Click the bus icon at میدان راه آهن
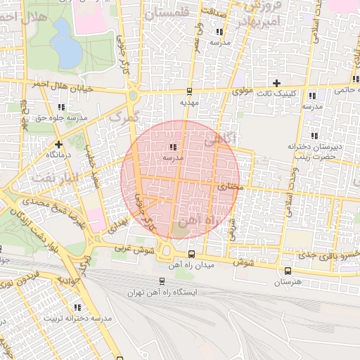click(x=192, y=254)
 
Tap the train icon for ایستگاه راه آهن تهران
click(x=162, y=281)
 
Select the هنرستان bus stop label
click(x=288, y=282)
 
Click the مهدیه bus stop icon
click(x=189, y=91)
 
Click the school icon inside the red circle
click(x=172, y=147)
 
